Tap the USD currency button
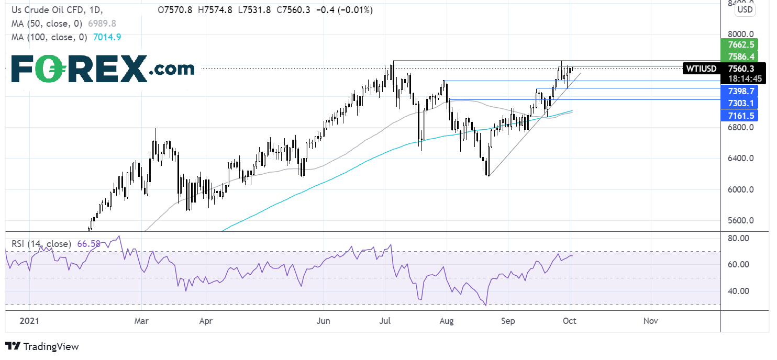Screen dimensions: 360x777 [745, 9]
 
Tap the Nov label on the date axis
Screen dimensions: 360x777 [651, 320]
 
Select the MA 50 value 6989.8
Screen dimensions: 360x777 [96, 24]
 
